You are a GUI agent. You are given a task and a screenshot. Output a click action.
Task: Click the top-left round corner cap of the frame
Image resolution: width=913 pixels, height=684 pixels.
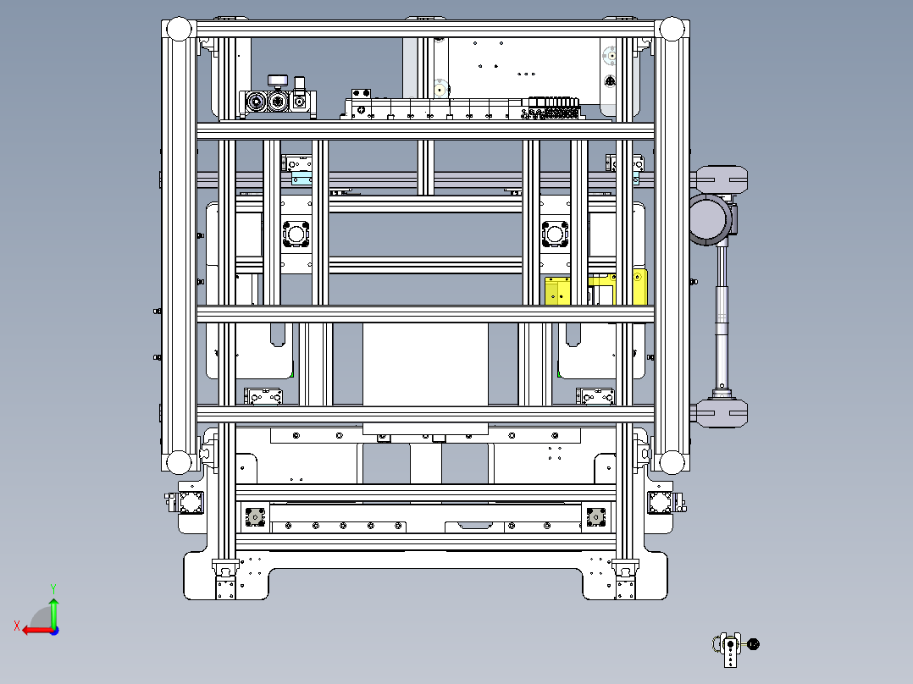click(x=178, y=29)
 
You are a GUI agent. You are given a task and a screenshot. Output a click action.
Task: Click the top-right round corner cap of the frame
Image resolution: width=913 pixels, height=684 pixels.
click(x=672, y=29)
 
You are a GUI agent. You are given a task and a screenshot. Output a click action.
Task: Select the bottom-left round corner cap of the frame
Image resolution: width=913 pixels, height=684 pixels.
click(x=178, y=463)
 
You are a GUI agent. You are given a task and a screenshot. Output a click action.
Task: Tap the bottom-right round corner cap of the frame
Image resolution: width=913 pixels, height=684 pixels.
click(x=672, y=463)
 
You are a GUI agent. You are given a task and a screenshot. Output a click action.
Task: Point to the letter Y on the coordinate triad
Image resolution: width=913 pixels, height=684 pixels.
click(x=53, y=588)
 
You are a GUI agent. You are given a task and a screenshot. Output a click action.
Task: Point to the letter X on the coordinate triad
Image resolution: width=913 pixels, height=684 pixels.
click(x=17, y=626)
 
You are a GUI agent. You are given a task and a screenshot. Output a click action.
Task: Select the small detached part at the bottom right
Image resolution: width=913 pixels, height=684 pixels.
click(x=735, y=648)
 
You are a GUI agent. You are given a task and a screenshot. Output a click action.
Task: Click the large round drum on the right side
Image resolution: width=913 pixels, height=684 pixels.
click(x=709, y=219)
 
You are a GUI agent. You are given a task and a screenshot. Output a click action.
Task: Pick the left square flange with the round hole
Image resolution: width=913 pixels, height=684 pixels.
click(x=296, y=234)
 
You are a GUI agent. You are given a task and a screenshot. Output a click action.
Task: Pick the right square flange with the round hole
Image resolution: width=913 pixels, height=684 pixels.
click(x=555, y=234)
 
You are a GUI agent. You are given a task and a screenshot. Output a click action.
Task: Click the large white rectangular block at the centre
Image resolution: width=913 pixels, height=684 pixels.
click(x=426, y=365)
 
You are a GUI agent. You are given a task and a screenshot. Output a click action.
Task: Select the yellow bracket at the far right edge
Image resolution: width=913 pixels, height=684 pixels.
click(x=639, y=286)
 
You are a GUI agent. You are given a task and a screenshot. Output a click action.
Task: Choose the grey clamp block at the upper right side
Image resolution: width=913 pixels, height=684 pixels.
click(x=722, y=179)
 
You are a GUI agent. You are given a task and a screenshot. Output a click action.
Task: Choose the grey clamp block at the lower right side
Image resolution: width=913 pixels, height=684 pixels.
click(x=722, y=413)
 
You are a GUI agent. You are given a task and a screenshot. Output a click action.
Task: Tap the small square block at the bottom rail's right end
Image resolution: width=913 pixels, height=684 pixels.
click(x=595, y=517)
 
